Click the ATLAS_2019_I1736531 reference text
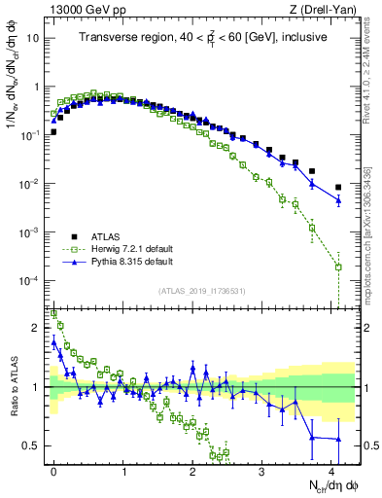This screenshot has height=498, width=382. point(202,291)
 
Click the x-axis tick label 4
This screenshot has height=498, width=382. point(331,471)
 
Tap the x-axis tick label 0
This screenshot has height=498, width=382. point(53,471)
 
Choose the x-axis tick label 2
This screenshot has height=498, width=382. point(192,471)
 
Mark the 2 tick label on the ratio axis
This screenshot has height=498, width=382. point(37,328)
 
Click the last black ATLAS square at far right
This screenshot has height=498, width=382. point(338,187)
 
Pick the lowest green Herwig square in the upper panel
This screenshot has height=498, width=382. point(338,267)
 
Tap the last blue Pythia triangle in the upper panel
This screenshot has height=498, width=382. point(338,200)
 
